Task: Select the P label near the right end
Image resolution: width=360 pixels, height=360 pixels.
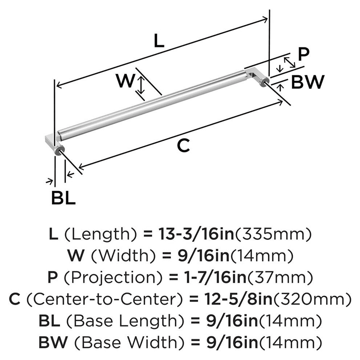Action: point(303,54)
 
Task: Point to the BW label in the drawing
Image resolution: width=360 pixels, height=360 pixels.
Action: point(307,82)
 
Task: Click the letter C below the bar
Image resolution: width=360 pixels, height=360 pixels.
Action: point(183,146)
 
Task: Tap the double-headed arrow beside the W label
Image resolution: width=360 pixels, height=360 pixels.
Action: point(142,86)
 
